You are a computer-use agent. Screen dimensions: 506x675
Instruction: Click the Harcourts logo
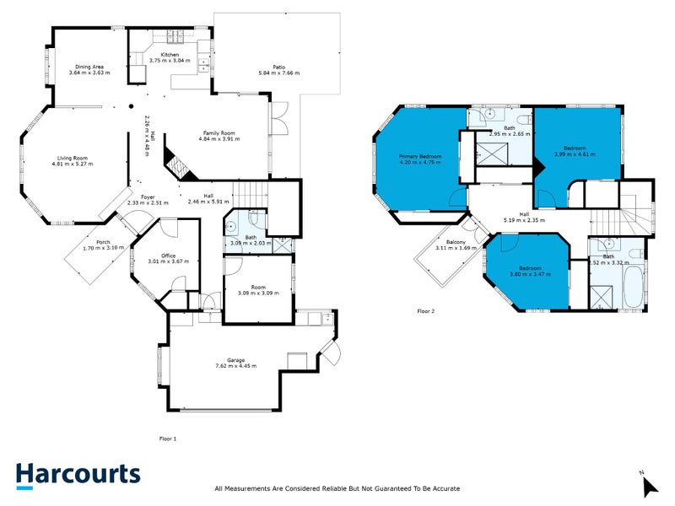coord(78,474)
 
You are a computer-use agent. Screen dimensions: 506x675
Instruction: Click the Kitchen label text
coord(170,56)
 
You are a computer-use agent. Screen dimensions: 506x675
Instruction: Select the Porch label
coord(103,244)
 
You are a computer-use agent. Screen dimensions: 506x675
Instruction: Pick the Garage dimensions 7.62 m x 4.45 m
coord(235,366)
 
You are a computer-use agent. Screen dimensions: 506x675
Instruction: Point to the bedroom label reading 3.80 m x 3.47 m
coord(529,271)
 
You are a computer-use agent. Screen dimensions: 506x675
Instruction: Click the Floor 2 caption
coord(427,311)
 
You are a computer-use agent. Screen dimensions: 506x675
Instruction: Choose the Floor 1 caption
coord(168,439)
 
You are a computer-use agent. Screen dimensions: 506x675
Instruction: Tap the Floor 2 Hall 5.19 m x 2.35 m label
coord(524,217)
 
